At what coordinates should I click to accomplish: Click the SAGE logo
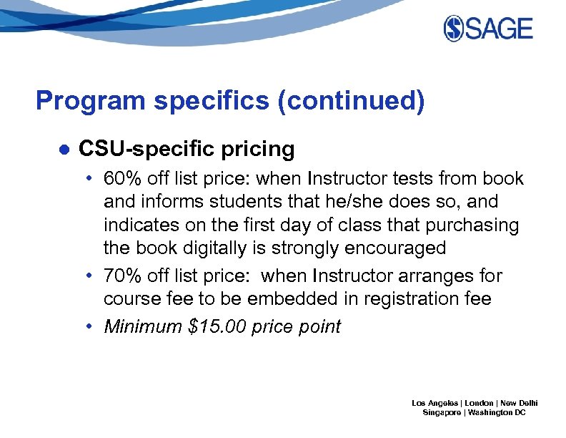coord(488,29)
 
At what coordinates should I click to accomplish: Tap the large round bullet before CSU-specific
coord(64,150)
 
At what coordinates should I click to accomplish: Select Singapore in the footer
coord(442,414)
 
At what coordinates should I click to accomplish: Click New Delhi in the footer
coord(519,403)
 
